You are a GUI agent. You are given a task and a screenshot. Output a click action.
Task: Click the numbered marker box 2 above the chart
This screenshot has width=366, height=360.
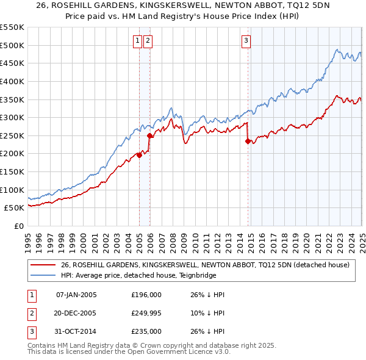[148, 41]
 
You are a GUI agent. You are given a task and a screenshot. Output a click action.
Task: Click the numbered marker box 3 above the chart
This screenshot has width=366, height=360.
[246, 41]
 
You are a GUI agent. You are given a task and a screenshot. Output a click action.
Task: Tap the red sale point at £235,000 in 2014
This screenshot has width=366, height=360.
[248, 141]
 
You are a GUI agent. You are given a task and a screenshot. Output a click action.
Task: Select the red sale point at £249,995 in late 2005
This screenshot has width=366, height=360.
[150, 135]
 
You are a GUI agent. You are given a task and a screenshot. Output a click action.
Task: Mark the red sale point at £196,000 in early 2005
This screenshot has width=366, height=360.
[139, 155]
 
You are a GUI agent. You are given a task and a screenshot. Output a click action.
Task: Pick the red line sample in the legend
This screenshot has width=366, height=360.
[42, 265]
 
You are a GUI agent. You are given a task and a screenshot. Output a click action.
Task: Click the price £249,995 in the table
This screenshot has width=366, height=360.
[146, 313]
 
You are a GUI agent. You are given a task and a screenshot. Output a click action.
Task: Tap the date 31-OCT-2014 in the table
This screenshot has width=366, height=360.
[76, 331]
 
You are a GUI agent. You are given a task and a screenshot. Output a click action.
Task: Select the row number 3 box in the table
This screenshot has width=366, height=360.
[30, 331]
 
